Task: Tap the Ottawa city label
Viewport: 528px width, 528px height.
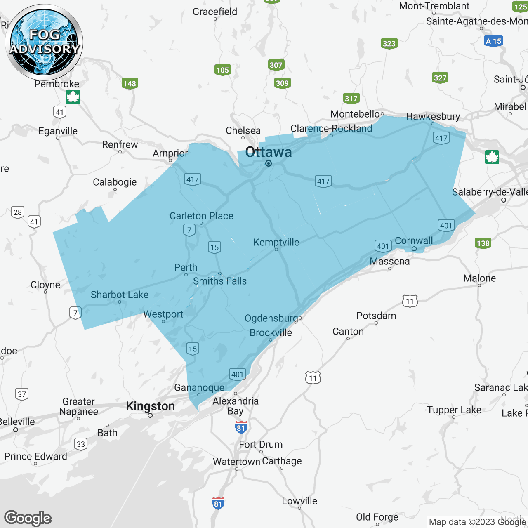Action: click(269, 152)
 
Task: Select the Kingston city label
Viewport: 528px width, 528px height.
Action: click(150, 406)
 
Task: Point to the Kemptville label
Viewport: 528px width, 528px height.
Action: click(276, 242)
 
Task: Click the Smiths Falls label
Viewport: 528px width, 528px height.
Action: click(220, 281)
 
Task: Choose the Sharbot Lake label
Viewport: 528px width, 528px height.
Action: click(120, 295)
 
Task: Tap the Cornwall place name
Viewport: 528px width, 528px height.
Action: click(414, 240)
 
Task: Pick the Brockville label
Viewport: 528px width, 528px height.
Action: click(271, 332)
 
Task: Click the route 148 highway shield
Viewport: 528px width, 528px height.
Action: click(130, 84)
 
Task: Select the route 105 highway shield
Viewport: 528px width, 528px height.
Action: click(222, 70)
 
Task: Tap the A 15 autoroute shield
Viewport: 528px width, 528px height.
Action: click(493, 41)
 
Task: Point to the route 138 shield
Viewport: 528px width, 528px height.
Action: click(483, 243)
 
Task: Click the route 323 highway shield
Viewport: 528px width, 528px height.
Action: click(389, 44)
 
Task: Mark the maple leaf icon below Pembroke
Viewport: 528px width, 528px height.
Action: click(73, 97)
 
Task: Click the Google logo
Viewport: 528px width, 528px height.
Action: click(28, 518)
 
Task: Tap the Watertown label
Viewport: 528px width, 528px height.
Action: click(236, 462)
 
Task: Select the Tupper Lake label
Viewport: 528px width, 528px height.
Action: click(454, 410)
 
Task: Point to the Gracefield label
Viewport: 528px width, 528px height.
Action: click(215, 12)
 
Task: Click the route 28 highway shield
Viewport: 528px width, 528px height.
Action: click(18, 212)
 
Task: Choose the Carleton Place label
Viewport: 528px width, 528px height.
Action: click(201, 216)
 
